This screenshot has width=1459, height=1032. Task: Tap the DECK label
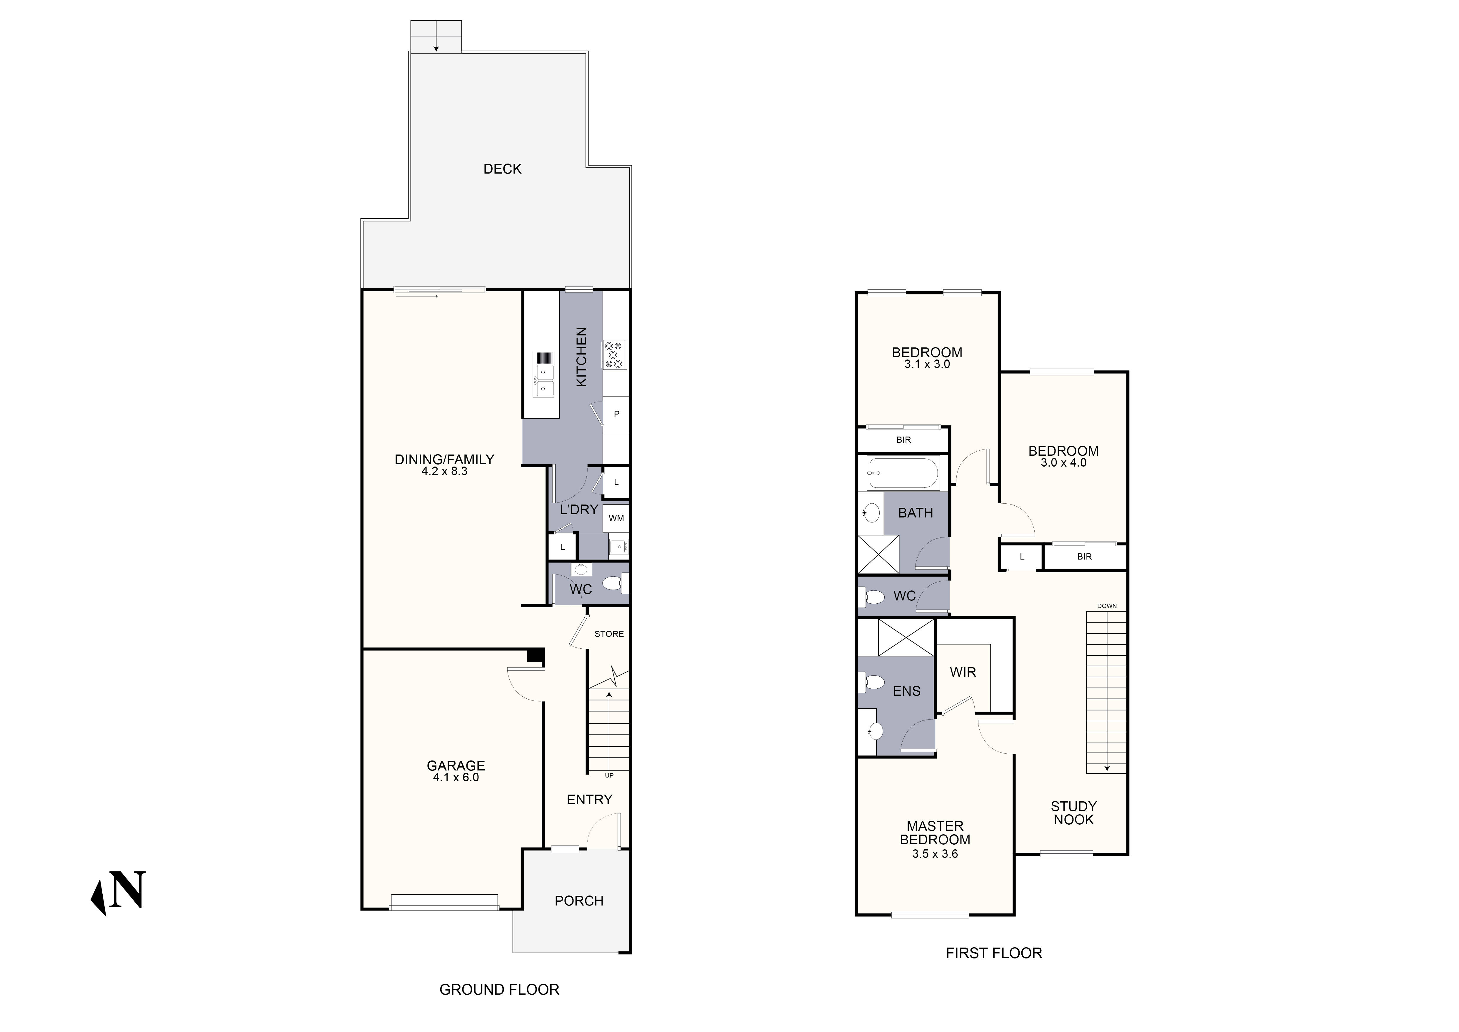(x=502, y=169)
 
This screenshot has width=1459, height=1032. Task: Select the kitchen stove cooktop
(x=614, y=354)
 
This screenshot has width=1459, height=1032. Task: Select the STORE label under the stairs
(x=609, y=634)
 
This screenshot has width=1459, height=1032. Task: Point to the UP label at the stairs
(x=609, y=775)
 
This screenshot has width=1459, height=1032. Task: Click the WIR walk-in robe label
(x=963, y=672)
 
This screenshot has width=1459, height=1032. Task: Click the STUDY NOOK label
(x=1073, y=813)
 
